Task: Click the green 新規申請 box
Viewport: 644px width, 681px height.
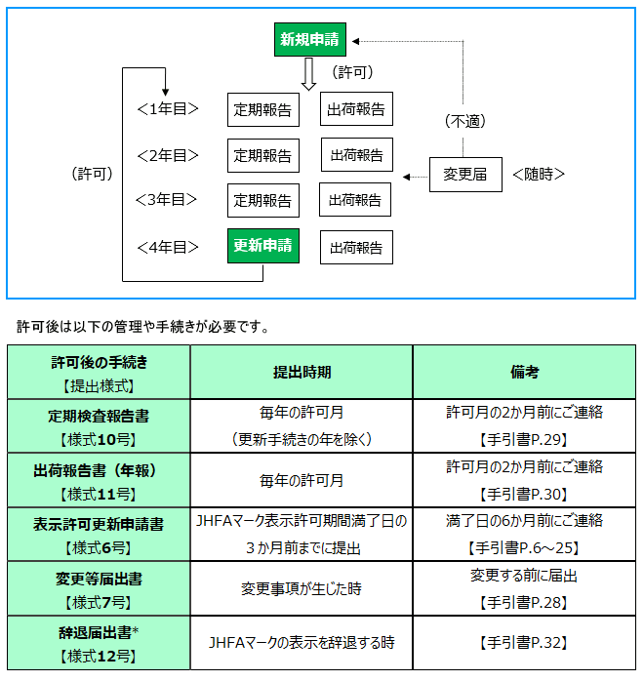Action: click(x=310, y=40)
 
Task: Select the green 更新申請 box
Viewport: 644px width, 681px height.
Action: click(x=262, y=246)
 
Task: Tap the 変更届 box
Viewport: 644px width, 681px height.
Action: click(x=465, y=175)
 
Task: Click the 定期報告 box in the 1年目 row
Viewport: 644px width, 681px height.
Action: click(x=262, y=110)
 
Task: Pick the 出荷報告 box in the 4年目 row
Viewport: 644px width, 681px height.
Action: click(x=356, y=248)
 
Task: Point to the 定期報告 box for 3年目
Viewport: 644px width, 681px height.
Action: click(x=262, y=200)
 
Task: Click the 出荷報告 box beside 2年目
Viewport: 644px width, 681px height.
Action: click(x=357, y=155)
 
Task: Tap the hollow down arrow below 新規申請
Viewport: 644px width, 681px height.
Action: click(x=308, y=75)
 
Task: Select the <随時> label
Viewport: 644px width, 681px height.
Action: click(x=539, y=175)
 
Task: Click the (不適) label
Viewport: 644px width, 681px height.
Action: click(x=464, y=121)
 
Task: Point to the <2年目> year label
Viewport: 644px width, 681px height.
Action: click(x=168, y=155)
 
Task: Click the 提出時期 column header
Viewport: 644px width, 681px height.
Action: click(x=302, y=372)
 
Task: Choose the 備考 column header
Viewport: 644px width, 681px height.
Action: click(x=524, y=372)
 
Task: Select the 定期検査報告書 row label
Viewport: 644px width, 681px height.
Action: click(x=99, y=415)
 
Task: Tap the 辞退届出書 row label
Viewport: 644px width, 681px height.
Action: click(x=99, y=632)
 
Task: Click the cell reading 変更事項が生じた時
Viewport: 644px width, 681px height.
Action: click(x=302, y=588)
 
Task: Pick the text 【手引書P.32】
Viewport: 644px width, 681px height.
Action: click(x=524, y=643)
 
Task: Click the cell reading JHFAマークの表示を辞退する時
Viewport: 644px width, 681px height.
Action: click(x=302, y=643)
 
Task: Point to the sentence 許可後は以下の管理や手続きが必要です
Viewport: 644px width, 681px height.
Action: click(x=142, y=326)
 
